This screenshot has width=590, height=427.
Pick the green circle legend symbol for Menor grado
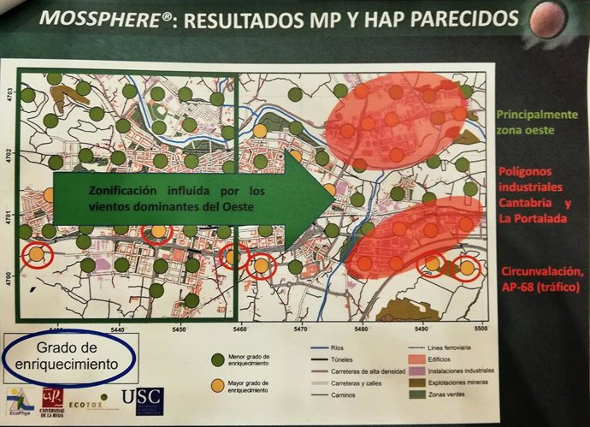(217, 358)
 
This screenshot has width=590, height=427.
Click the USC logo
(143, 400)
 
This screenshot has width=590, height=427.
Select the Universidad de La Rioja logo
(52, 400)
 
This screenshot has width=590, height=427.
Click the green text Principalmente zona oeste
(537, 122)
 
